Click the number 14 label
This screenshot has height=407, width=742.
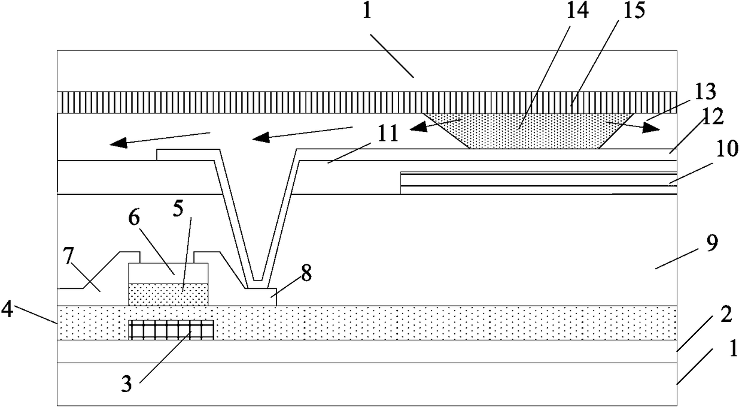pos(577,10)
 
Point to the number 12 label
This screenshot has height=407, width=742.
pos(712,117)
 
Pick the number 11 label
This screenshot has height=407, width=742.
pos(388,134)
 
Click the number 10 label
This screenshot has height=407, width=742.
pos(726,148)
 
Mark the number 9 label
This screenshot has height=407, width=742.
pos(712,243)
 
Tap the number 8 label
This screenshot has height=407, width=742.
pos(306,274)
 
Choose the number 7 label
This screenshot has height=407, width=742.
pos(69,257)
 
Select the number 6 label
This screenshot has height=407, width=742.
pos(135,219)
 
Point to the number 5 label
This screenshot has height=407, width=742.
pos(178,209)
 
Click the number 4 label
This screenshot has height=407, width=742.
pos(7,310)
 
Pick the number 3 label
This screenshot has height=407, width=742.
pos(126,384)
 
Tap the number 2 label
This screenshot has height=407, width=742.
pos(726,314)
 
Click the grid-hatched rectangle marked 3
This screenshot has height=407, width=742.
pos(171,330)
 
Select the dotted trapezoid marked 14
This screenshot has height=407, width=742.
pos(529,131)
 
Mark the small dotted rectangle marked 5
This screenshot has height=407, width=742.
pos(168,294)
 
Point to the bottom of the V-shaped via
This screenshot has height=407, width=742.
pos(258,280)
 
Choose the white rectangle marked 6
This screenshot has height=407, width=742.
pos(168,273)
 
